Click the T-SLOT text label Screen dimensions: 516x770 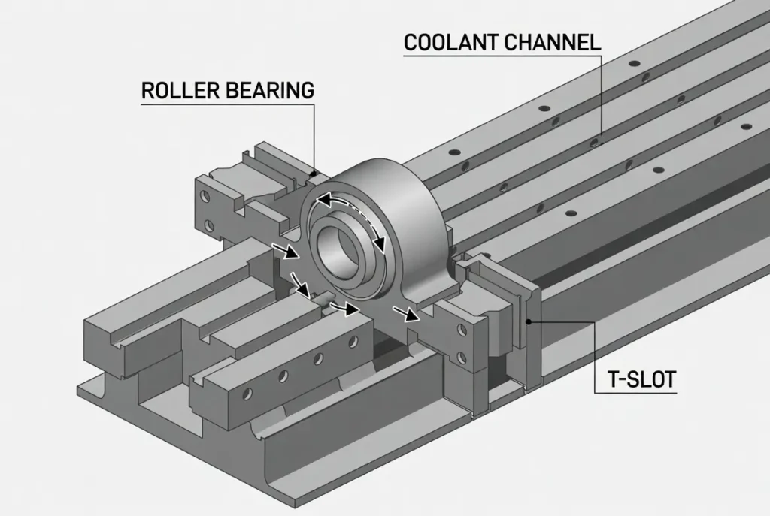pyautogui.click(x=641, y=379)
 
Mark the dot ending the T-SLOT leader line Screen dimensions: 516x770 pyautogui.click(x=529, y=322)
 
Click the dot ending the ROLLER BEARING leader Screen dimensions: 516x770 pyautogui.click(x=312, y=174)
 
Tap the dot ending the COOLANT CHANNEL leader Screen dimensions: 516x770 pyautogui.click(x=593, y=140)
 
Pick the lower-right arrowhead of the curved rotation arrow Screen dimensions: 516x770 pyautogui.click(x=380, y=244)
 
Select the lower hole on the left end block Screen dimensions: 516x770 pyautogui.click(x=205, y=224)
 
